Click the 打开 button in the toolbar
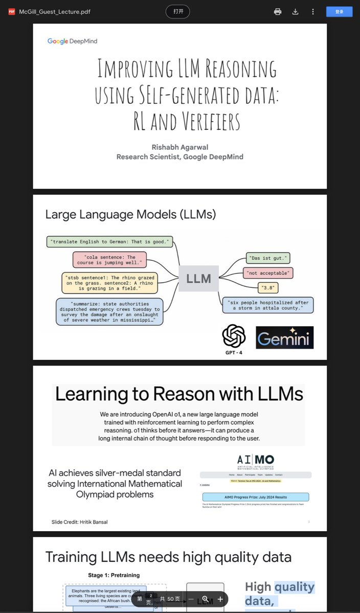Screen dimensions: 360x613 click(x=177, y=11)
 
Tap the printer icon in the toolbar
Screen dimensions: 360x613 click(x=278, y=11)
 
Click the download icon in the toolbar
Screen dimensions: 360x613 click(x=295, y=11)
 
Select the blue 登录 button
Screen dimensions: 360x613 click(x=339, y=11)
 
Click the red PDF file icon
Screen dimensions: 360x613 click(x=11, y=12)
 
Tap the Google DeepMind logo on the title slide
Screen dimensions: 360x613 click(x=72, y=41)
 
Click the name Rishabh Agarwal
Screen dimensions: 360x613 click(x=179, y=147)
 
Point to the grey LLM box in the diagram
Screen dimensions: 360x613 click(x=198, y=279)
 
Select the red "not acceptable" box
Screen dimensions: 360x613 click(x=268, y=273)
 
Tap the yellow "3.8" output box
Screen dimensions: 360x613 click(x=268, y=288)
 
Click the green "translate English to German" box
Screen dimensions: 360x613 click(x=110, y=241)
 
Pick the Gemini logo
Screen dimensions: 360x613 click(x=284, y=338)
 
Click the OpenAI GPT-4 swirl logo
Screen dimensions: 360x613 click(x=234, y=336)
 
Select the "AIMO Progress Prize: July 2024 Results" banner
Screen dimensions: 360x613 click(x=255, y=497)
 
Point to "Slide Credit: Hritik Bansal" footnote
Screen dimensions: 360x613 click(x=79, y=522)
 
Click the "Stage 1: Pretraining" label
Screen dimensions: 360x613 click(x=114, y=575)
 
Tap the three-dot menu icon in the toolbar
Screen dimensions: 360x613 click(x=312, y=11)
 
